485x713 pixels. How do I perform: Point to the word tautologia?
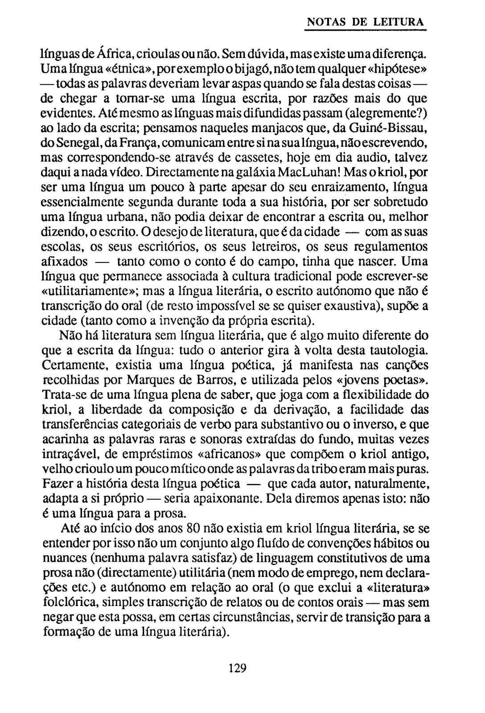point(393,351)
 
